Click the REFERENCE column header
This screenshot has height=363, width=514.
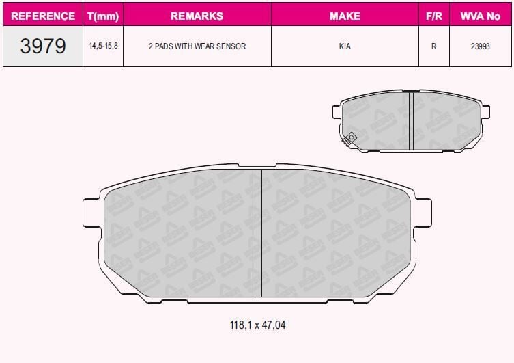point(43,15)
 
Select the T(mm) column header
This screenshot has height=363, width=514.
point(102,15)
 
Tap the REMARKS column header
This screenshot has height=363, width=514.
point(197,15)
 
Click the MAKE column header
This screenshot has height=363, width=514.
point(345,15)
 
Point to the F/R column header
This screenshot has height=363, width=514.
point(433,15)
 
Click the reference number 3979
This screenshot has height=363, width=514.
point(43,46)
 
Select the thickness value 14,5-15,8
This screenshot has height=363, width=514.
point(102,46)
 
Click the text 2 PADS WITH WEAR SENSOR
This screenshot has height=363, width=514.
point(197,46)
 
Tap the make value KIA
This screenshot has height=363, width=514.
point(345,46)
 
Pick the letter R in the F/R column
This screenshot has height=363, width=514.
point(433,46)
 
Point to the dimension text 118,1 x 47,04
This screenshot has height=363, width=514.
point(257,325)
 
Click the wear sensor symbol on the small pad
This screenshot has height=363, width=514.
point(351,138)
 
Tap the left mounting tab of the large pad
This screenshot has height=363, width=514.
point(92,212)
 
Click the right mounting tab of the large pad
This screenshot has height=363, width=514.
point(423,212)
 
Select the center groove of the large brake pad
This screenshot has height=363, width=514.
point(257,232)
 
